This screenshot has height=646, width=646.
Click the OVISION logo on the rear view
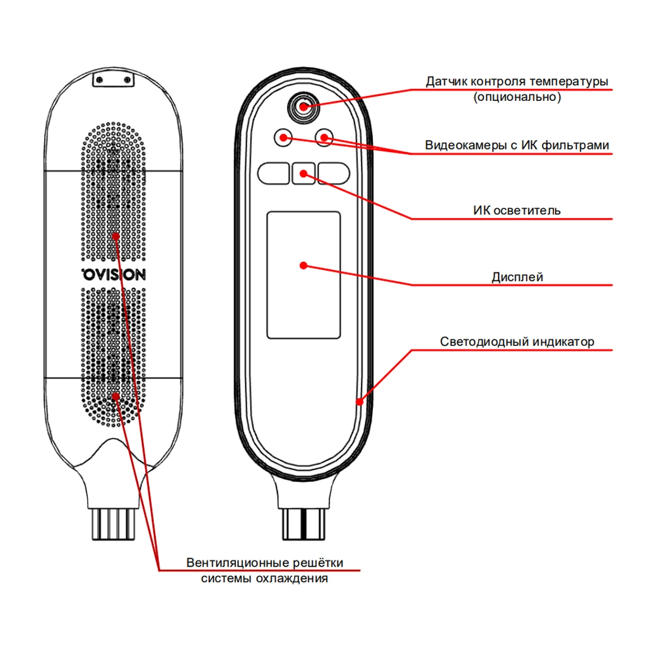tap(114, 274)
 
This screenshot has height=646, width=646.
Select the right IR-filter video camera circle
tap(324, 137)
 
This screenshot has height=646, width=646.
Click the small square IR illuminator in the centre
tap(304, 173)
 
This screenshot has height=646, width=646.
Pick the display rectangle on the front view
tap(303, 274)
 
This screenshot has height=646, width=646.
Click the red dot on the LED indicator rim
tap(360, 401)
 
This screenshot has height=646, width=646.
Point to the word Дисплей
tap(517, 277)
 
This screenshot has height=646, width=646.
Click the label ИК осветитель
tap(517, 210)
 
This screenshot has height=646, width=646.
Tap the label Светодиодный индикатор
tap(517, 342)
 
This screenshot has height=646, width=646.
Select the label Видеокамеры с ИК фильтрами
tap(517, 146)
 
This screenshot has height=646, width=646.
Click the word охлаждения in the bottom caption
tap(295, 578)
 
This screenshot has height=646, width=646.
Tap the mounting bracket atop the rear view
tap(114, 80)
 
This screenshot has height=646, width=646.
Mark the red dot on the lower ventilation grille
tap(115, 396)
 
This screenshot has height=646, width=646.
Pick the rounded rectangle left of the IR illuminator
tap(273, 173)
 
